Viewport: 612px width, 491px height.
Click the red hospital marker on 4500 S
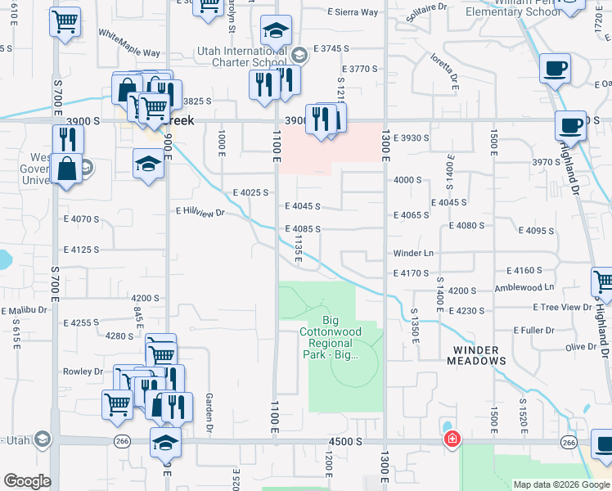click(451, 440)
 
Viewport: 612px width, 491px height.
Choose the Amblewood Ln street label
click(524, 287)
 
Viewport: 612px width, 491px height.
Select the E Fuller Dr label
click(533, 330)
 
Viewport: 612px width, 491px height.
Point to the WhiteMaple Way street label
click(129, 43)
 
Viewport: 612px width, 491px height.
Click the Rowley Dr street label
click(83, 371)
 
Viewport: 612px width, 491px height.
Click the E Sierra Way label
click(353, 12)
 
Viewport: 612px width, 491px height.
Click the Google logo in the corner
click(27, 481)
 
